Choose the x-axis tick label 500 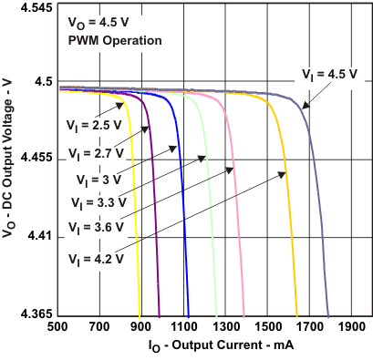(x=57, y=326)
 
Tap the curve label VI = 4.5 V (x=329, y=74)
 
